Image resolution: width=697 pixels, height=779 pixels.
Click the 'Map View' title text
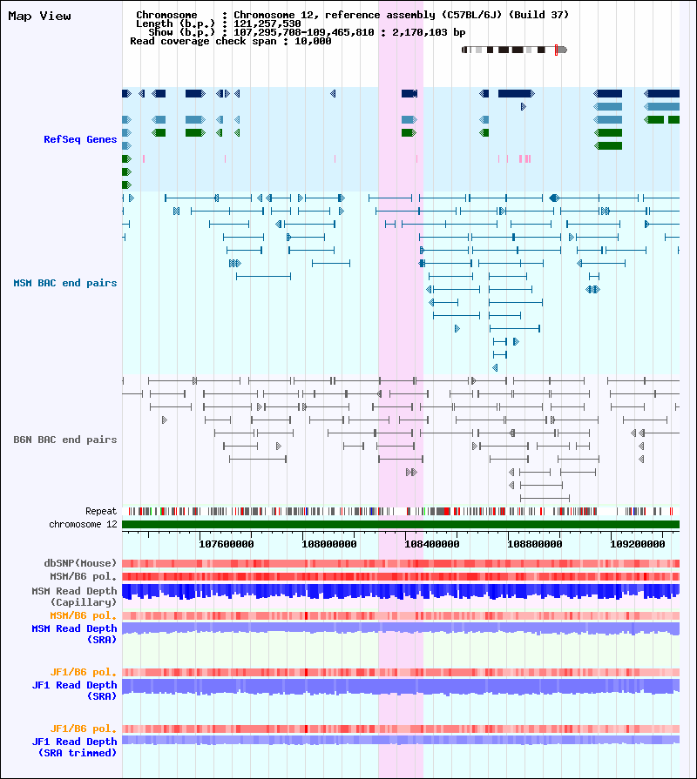point(40,17)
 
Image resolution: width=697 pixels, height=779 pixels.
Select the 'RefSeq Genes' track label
point(80,139)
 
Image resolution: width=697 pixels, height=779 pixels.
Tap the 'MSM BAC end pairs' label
point(65,283)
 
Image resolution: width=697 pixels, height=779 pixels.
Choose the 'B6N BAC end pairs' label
point(65,440)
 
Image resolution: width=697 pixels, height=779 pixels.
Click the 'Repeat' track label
point(101,511)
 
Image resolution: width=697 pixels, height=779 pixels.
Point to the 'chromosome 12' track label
point(83,525)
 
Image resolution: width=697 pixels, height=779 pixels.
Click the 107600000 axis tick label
point(227,545)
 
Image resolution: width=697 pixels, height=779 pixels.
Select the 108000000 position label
point(329,545)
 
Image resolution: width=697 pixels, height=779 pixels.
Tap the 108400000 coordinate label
point(432,545)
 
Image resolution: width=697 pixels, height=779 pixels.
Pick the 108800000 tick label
point(534,545)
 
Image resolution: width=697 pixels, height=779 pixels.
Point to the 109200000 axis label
point(638,545)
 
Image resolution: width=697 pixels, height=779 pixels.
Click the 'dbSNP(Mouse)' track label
point(80,563)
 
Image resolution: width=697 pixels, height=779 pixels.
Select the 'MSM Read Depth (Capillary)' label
point(74,597)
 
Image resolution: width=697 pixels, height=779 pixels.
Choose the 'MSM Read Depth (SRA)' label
point(74,635)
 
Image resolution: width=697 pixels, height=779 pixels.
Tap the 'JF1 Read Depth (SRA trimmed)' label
point(74,747)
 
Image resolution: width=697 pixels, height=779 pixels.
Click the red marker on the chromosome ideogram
point(557,50)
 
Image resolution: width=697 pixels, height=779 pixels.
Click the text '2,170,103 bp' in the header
point(429,32)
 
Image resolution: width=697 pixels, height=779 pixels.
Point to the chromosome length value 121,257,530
point(267,24)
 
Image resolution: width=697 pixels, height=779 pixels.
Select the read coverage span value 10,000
point(313,41)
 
